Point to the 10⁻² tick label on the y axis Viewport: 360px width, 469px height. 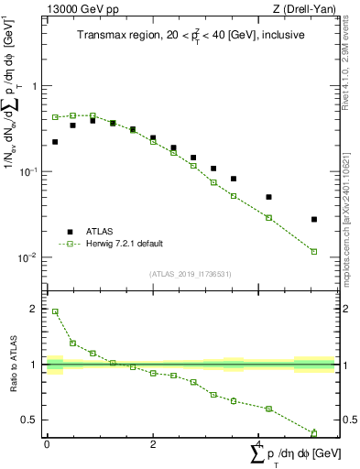pos(31,258)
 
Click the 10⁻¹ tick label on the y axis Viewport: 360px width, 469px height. pos(31,172)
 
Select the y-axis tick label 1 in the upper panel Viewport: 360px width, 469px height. pos(36,87)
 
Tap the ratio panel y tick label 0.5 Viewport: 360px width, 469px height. pos(31,420)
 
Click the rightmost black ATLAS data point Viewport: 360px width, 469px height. pos(314,220)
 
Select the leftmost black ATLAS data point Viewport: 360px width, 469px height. pos(55,142)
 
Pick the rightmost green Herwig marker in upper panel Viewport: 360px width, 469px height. pos(314,252)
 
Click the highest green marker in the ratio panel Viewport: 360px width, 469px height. pos(55,311)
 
